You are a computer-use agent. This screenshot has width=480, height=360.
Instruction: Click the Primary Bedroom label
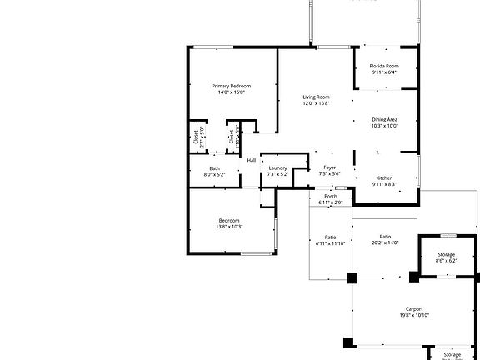(x=231, y=86)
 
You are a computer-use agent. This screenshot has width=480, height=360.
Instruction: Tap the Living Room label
(x=316, y=97)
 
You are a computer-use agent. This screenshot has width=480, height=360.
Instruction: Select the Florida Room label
(x=384, y=66)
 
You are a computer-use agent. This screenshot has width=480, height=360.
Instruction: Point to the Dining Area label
(x=384, y=120)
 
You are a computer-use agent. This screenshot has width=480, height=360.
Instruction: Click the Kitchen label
(x=384, y=178)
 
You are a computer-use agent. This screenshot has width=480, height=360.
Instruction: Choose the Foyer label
(x=330, y=167)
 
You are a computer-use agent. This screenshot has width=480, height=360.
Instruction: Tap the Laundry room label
(x=277, y=168)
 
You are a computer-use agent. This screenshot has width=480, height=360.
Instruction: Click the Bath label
(x=215, y=168)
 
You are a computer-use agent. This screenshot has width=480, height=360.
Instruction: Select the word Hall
(x=251, y=160)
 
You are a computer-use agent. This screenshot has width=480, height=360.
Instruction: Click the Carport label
(x=414, y=308)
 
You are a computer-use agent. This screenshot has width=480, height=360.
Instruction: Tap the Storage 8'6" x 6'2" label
(x=446, y=254)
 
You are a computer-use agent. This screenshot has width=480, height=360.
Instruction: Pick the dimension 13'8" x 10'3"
(x=229, y=227)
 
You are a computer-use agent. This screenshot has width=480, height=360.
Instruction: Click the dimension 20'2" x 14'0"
(x=385, y=242)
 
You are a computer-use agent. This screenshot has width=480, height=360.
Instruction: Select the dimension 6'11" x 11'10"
(x=330, y=242)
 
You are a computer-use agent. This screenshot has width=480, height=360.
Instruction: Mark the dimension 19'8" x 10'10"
(x=414, y=315)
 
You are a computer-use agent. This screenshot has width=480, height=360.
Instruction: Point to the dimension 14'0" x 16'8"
(x=231, y=92)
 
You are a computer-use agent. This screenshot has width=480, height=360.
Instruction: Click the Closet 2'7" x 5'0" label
(x=199, y=137)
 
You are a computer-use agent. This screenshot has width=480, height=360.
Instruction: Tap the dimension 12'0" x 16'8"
(x=316, y=103)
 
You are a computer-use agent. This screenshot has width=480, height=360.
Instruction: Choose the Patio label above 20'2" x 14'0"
(x=385, y=236)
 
